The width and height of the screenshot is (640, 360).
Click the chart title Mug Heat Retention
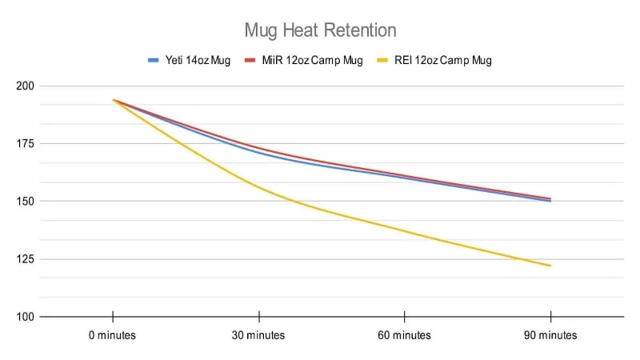[x=320, y=30]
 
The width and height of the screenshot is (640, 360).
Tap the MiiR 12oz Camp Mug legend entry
[x=303, y=60]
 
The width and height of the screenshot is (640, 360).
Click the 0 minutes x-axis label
[x=113, y=335]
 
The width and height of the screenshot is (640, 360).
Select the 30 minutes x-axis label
[x=258, y=335]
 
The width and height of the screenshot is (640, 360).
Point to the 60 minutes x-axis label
[x=405, y=335]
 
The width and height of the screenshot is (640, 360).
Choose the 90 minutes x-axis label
[x=550, y=335]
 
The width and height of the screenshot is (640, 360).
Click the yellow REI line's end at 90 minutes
[x=550, y=266]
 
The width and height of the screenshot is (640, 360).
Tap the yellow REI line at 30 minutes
[x=258, y=187]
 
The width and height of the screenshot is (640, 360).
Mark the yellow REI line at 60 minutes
[x=405, y=231]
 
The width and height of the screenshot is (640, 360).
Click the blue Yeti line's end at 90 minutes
[x=550, y=201]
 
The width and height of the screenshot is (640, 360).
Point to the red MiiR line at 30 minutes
[x=258, y=148]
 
